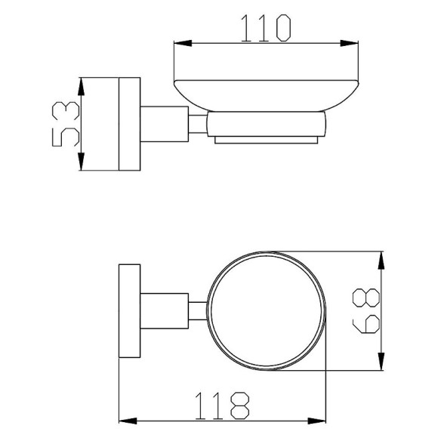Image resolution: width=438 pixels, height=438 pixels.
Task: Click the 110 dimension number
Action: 266,28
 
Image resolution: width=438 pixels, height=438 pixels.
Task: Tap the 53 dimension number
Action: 66,124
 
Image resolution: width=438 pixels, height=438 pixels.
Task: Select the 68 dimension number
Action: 366,310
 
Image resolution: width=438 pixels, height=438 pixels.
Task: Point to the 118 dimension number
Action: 222,406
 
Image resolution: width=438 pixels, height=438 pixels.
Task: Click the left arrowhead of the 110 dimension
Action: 183,43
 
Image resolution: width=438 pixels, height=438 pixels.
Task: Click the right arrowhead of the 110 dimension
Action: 349,43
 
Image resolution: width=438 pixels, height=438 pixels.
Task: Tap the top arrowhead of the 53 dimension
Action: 81,87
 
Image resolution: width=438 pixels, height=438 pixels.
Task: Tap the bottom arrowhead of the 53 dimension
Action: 81,162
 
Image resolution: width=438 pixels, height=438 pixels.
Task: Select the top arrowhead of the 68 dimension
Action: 381,261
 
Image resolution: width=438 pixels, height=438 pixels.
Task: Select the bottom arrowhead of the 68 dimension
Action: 381,362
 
